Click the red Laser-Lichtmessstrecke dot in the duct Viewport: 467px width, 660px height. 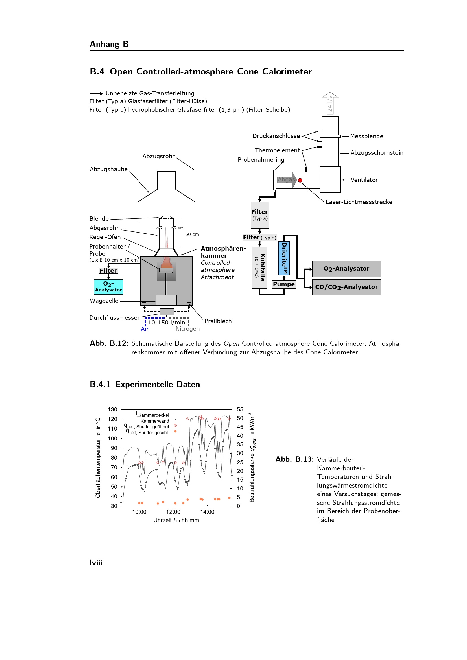pyautogui.click(x=300, y=180)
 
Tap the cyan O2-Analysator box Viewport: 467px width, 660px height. pyautogui.click(x=108, y=287)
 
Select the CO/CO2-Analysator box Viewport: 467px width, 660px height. pyautogui.click(x=346, y=287)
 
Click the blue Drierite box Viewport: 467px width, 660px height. pyautogui.click(x=284, y=258)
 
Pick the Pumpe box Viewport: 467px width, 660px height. pyautogui.click(x=284, y=284)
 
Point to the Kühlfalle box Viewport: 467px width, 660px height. pyautogui.click(x=259, y=267)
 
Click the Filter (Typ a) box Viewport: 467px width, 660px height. pyautogui.click(x=260, y=215)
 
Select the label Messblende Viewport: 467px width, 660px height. pyautogui.click(x=367, y=136)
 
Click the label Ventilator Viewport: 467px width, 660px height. pyautogui.click(x=364, y=180)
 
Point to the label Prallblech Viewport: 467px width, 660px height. pyautogui.click(x=218, y=321)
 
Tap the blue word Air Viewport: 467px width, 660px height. pyautogui.click(x=145, y=329)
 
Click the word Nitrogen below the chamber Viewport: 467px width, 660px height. pyautogui.click(x=187, y=329)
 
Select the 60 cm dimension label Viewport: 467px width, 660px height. pyautogui.click(x=192, y=234)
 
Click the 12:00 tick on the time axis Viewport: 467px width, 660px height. pyautogui.click(x=173, y=512)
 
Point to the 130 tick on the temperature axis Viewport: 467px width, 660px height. pyautogui.click(x=112, y=409)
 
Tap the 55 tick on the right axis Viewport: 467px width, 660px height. pyautogui.click(x=240, y=409)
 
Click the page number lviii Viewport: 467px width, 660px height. pyautogui.click(x=96, y=563)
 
